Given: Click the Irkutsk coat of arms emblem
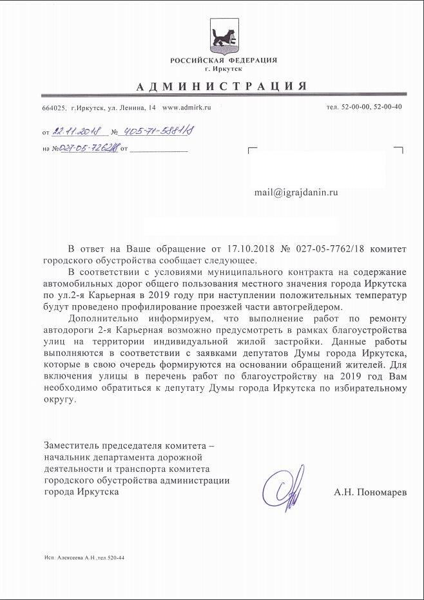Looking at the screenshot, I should [x=224, y=37].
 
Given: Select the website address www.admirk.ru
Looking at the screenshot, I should [x=187, y=108].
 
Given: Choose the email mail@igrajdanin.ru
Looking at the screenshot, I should [x=296, y=192].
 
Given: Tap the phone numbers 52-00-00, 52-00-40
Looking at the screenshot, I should [x=364, y=108].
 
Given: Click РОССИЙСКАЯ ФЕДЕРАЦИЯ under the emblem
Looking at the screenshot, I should [x=224, y=60].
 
